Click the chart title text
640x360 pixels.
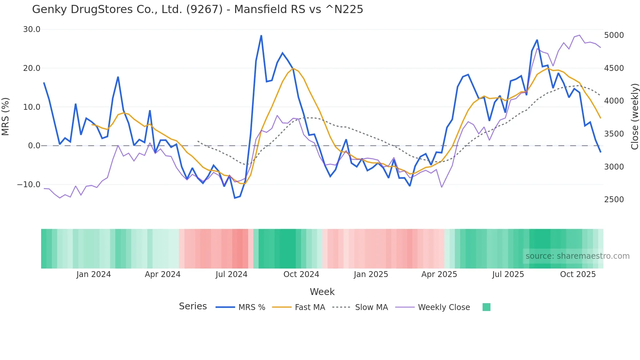[198, 9]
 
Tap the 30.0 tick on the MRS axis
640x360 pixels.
[32, 29]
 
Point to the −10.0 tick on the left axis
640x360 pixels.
[29, 185]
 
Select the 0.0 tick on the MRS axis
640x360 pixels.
[34, 146]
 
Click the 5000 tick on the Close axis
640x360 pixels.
[614, 35]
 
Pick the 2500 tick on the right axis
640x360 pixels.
[614, 200]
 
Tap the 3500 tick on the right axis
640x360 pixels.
[614, 134]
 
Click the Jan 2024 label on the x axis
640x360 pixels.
[94, 274]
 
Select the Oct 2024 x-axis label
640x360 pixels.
[301, 274]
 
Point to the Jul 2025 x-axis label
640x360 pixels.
[508, 274]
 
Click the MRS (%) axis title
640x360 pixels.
[6, 116]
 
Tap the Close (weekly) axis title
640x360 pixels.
[634, 116]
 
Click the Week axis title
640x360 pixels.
[322, 292]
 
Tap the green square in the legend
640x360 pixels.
[486, 307]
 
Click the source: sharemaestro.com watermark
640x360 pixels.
[577, 256]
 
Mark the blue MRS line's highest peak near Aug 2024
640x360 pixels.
[261, 36]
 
